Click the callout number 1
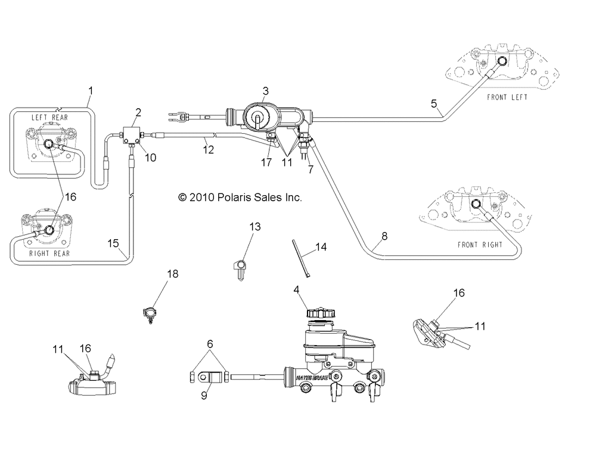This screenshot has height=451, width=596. (91, 91)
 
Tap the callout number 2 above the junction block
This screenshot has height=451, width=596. (138, 112)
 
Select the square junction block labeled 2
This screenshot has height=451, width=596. (131, 135)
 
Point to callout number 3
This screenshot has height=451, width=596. (266, 91)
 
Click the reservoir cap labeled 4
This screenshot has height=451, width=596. (321, 314)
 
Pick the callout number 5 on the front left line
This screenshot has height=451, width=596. (434, 104)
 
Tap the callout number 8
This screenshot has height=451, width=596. (384, 236)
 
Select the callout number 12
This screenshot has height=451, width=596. (208, 150)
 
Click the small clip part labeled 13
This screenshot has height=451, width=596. (240, 269)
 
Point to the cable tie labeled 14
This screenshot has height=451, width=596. (300, 258)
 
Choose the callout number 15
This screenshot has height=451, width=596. (113, 243)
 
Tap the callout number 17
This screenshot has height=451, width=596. (266, 162)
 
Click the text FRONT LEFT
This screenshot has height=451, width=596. (507, 98)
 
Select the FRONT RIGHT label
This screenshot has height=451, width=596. (480, 245)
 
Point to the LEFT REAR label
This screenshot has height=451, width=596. (49, 118)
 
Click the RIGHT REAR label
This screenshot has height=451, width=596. (49, 253)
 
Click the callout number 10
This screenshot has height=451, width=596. (151, 158)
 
